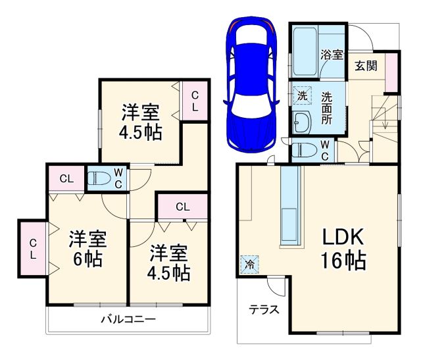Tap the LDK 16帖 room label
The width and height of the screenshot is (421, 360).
click(343, 249)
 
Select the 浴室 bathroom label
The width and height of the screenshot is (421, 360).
click(330, 55)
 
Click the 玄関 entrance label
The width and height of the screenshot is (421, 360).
click(367, 66)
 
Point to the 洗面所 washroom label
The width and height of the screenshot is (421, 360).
click(327, 107)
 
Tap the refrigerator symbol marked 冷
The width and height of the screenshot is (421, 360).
click(250, 263)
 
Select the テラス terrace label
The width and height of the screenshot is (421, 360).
click(262, 309)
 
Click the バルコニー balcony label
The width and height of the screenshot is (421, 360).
click(128, 320)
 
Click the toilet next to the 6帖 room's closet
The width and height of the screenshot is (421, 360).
click(99, 178)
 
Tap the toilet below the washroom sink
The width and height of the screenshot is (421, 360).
click(303, 151)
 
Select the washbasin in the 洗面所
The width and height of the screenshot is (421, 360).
click(302, 121)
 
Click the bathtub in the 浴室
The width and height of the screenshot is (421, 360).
click(305, 52)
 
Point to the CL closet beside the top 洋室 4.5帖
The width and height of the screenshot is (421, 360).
click(195, 101)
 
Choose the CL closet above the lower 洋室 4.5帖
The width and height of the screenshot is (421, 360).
click(182, 207)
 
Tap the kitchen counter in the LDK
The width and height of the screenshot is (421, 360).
click(290, 205)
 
